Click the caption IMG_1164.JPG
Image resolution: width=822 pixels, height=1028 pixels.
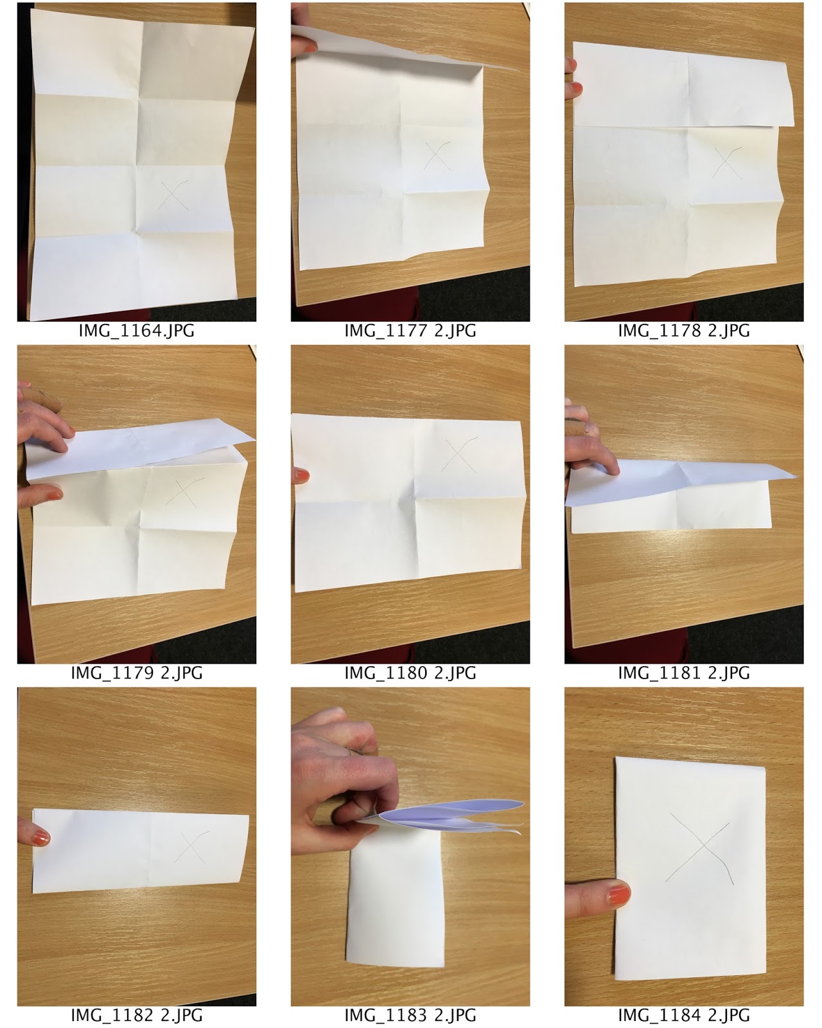pyautogui.click(x=136, y=331)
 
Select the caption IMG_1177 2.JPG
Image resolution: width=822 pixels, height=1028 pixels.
pyautogui.click(x=410, y=331)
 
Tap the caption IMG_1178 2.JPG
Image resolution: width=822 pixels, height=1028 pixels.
pyautogui.click(x=684, y=331)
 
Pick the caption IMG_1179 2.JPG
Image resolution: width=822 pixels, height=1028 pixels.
pyautogui.click(x=136, y=673)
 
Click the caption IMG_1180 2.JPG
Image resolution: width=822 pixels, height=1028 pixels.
pyautogui.click(x=410, y=673)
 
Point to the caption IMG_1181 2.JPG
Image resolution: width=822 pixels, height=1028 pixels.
pyautogui.click(x=684, y=673)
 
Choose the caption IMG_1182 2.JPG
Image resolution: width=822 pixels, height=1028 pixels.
pyautogui.click(x=136, y=1016)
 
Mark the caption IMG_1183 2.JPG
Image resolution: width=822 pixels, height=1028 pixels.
pyautogui.click(x=410, y=1016)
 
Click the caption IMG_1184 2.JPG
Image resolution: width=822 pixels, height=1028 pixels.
pyautogui.click(x=684, y=1016)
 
